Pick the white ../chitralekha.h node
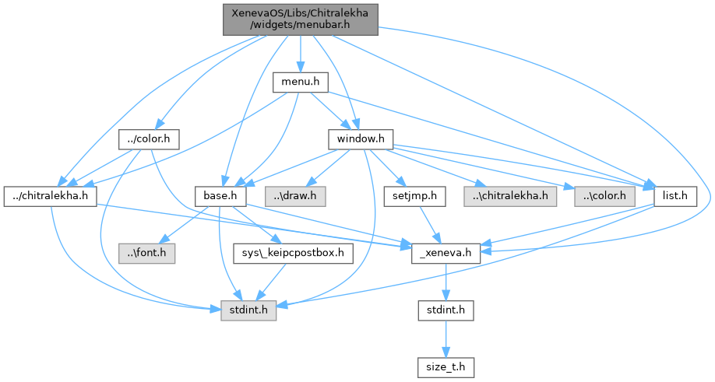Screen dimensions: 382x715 50,196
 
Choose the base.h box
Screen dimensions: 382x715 220,196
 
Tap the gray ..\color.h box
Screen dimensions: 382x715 604,196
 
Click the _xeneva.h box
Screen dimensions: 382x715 445,252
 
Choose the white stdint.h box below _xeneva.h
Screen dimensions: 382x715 445,310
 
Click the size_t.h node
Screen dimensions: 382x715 445,366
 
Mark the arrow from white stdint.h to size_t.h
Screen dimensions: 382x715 445,338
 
